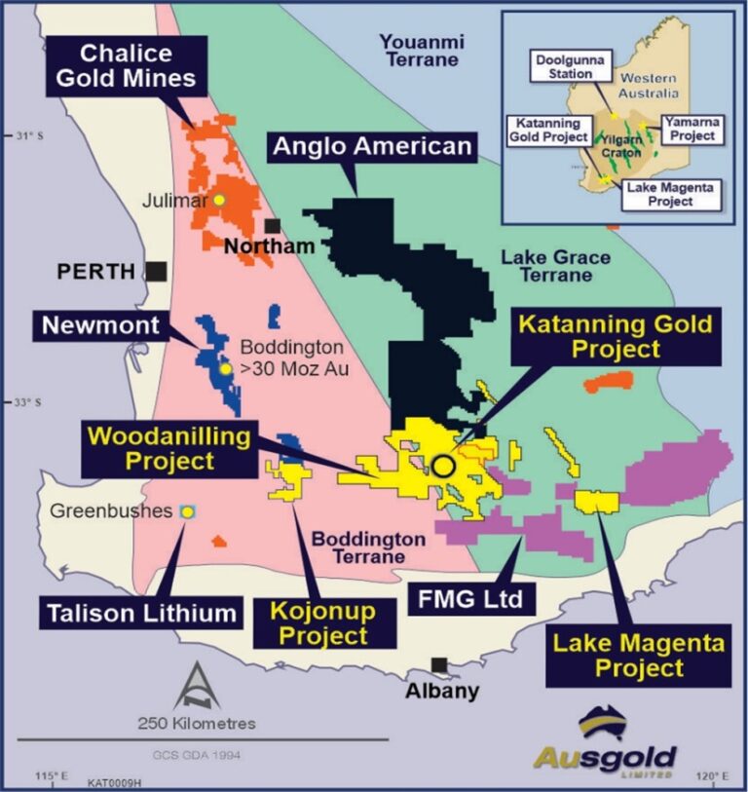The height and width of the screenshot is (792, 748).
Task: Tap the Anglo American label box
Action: coord(372,147)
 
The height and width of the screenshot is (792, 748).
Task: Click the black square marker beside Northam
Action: coord(273,226)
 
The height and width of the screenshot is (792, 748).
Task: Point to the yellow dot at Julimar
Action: coord(219,200)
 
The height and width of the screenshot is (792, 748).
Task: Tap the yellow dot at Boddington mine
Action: coord(225,369)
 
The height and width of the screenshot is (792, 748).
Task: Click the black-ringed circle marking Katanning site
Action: coord(443,466)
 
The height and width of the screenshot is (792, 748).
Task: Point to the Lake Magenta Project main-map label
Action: coord(618,656)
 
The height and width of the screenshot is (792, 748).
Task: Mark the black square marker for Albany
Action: coord(440,665)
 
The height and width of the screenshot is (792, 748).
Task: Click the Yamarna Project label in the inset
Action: coord(691,129)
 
